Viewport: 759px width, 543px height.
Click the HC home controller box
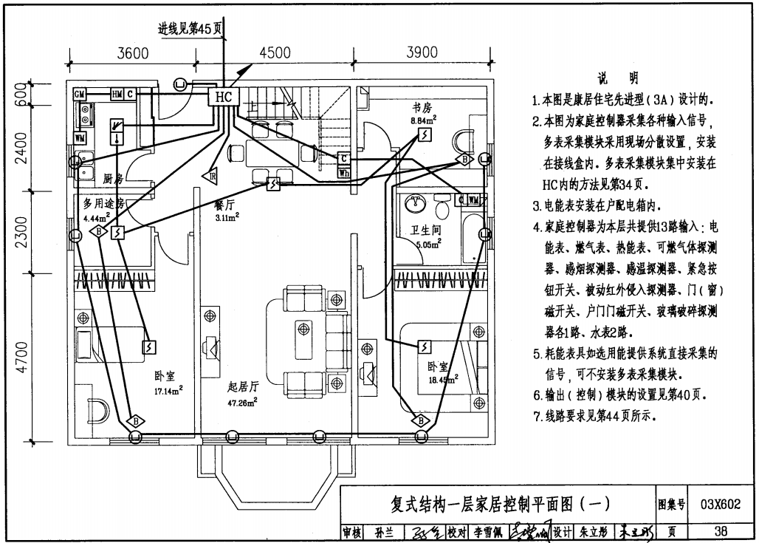(224, 97)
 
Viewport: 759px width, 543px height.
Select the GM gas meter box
(80, 95)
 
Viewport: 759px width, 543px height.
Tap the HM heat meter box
(117, 95)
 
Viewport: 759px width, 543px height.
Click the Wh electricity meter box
(344, 172)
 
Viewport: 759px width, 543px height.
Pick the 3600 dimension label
(134, 53)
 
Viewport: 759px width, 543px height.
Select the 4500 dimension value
(275, 53)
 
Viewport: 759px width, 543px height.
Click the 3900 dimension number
(422, 53)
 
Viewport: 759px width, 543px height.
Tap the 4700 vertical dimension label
(21, 358)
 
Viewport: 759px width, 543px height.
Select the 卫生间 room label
(426, 230)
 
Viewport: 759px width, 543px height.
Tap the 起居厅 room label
(243, 386)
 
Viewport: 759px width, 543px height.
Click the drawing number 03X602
(720, 505)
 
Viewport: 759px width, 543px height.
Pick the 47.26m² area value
(243, 402)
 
